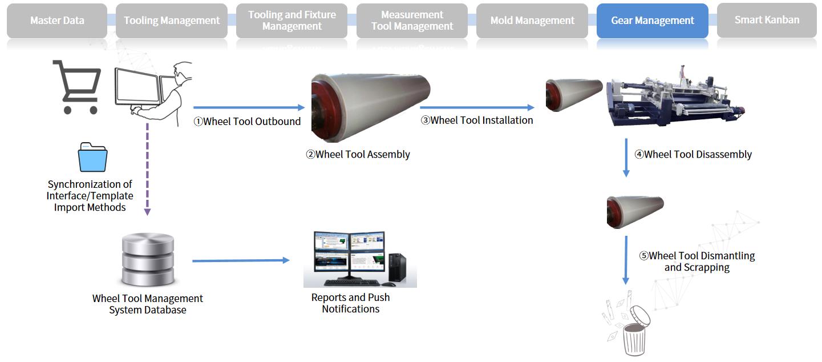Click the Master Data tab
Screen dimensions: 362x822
[x=57, y=21]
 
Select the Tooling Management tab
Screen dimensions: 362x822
[x=172, y=21]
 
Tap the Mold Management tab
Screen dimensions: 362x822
[x=532, y=21]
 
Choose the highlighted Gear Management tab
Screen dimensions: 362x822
[x=653, y=21]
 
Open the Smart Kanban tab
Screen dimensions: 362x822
[x=767, y=20]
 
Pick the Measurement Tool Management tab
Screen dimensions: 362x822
[x=412, y=21]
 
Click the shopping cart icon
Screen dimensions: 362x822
[x=77, y=87]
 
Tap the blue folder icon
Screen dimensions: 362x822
[x=92, y=158]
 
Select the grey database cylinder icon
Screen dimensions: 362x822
[x=148, y=260]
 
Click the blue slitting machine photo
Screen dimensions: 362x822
[x=676, y=97]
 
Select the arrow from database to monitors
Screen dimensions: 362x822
[x=240, y=260]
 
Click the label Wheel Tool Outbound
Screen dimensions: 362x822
[x=247, y=121]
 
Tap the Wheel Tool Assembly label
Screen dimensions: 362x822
[x=358, y=154]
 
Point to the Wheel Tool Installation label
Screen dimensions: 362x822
[x=477, y=120]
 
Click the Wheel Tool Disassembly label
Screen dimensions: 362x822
[x=693, y=154]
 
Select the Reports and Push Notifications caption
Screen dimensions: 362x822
[x=351, y=303]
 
